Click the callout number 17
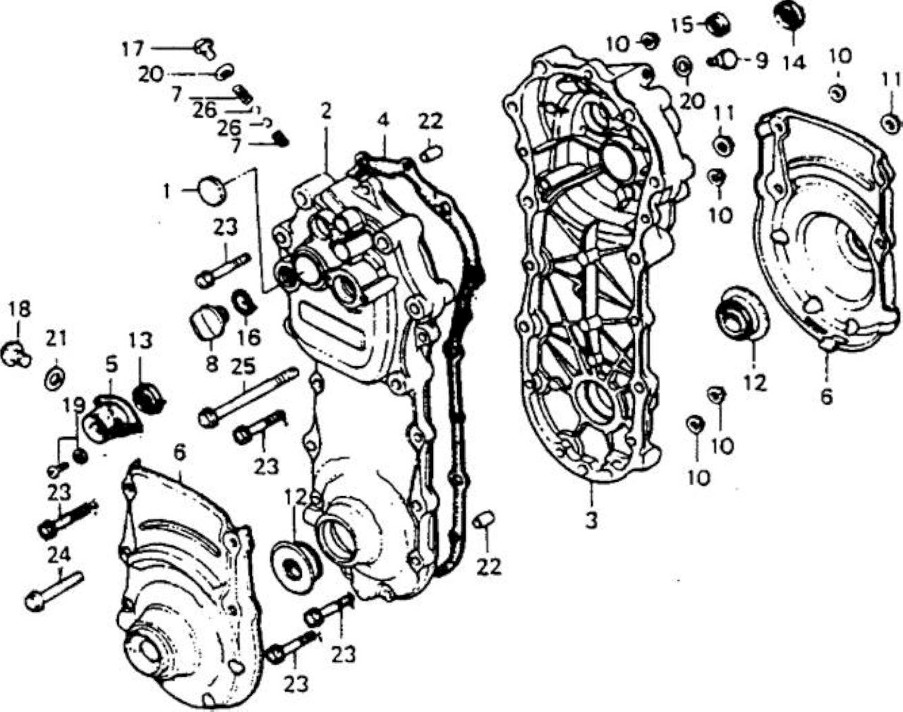click(x=133, y=49)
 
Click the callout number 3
click(x=592, y=521)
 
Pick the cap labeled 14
click(x=789, y=15)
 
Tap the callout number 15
click(x=682, y=26)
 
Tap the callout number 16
click(x=248, y=337)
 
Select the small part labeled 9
click(x=723, y=59)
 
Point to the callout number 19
click(x=73, y=406)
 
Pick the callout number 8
click(x=212, y=364)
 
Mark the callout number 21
click(x=56, y=339)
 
